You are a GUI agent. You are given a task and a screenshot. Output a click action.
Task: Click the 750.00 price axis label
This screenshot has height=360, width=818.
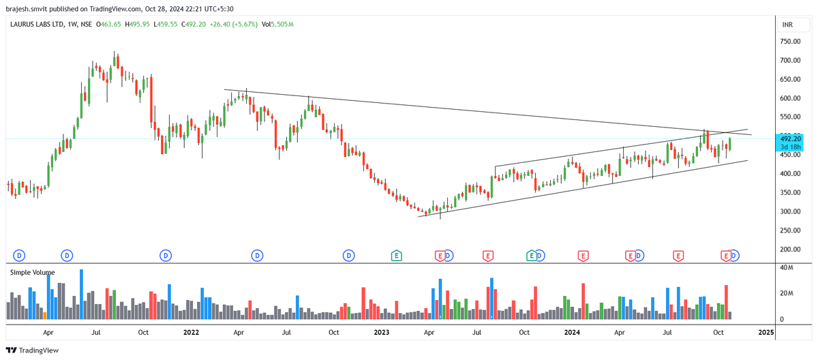click(790, 42)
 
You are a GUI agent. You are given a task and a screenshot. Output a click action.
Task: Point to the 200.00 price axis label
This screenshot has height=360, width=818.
click(790, 250)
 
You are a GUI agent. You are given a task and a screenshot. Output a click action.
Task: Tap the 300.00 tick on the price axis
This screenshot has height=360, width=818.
click(790, 211)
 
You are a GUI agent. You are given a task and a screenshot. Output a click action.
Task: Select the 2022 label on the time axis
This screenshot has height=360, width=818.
click(191, 332)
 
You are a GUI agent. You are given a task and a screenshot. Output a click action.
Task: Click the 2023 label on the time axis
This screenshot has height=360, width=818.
click(382, 332)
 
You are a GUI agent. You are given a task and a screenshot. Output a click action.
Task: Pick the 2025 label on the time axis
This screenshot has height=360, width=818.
click(766, 332)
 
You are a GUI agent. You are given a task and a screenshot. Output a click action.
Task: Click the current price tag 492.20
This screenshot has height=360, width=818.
click(790, 138)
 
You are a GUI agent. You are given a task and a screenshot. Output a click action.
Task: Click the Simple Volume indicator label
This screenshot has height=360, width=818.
click(33, 272)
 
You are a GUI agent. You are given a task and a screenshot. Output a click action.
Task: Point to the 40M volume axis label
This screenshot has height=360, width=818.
click(786, 268)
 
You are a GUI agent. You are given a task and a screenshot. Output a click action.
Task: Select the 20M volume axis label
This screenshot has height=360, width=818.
click(786, 293)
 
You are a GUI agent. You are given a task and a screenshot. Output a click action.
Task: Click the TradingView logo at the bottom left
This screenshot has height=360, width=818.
click(32, 350)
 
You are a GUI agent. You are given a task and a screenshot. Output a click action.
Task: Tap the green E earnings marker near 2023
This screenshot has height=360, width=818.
click(396, 256)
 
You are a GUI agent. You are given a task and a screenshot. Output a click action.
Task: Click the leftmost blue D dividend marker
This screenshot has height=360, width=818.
click(19, 256)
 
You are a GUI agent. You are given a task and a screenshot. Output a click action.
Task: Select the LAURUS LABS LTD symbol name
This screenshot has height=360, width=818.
click(37, 25)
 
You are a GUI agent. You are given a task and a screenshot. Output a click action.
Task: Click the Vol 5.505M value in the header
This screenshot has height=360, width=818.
click(277, 25)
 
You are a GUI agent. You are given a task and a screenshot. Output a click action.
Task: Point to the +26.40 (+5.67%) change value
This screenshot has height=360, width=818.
click(233, 25)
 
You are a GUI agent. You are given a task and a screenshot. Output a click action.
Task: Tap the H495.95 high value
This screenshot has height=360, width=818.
click(137, 25)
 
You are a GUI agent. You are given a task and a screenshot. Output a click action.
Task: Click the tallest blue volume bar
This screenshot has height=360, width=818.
click(81, 295)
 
